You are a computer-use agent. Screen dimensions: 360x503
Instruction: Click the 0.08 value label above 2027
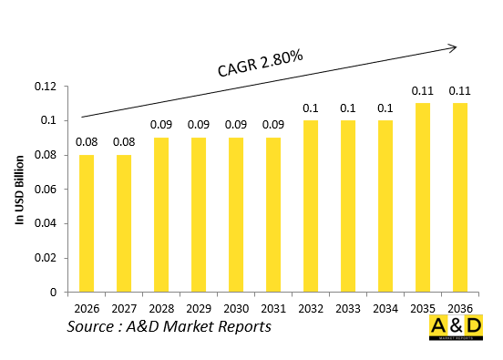124,141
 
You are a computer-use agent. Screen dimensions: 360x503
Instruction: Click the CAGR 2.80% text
260,63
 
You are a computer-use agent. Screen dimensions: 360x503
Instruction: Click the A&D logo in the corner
457,331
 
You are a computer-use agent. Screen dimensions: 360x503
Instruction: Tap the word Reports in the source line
240,326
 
